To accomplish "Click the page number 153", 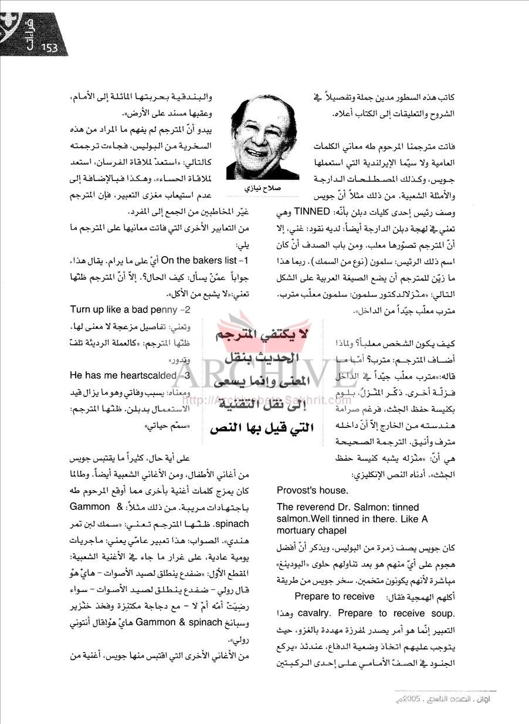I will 49,48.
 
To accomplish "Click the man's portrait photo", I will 262,139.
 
